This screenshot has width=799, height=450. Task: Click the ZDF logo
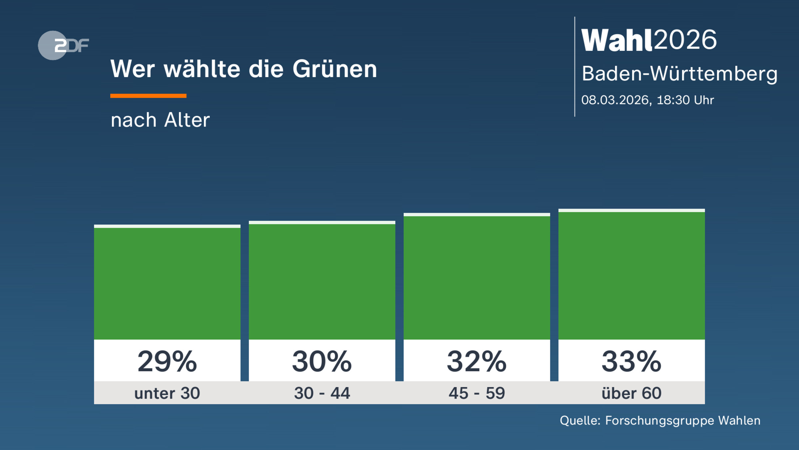click(x=63, y=45)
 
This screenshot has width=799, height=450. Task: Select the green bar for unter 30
click(x=167, y=283)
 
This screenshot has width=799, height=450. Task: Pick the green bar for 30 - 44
click(x=322, y=282)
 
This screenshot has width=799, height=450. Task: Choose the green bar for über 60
click(x=632, y=276)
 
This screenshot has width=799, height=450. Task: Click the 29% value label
click(x=167, y=361)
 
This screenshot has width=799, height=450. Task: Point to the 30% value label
click(x=322, y=361)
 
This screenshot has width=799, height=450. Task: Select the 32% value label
click(x=477, y=361)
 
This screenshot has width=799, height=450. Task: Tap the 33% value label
click(x=632, y=361)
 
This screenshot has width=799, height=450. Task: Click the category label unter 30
click(x=167, y=393)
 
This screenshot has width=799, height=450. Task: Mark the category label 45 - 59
click(x=477, y=393)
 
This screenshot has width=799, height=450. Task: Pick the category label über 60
click(x=632, y=393)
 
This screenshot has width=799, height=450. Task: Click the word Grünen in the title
click(x=335, y=69)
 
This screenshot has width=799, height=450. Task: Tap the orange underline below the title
click(x=148, y=96)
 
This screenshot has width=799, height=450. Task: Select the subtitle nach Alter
click(x=160, y=120)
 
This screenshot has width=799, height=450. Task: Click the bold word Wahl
click(x=617, y=40)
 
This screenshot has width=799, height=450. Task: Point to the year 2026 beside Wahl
click(x=685, y=40)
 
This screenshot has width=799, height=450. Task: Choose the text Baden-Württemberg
click(x=679, y=74)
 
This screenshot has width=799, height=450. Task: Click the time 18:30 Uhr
click(x=685, y=100)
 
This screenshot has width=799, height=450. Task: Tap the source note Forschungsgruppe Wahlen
click(x=682, y=421)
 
